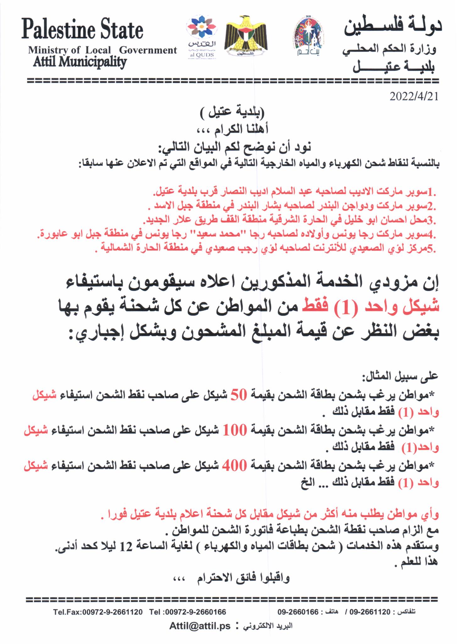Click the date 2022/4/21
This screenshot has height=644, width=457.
click(x=414, y=97)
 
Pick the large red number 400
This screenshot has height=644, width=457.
click(x=234, y=466)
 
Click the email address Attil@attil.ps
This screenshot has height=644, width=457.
click(x=200, y=626)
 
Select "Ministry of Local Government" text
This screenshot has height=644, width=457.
click(x=102, y=50)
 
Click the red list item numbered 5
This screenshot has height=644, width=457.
click(x=266, y=249)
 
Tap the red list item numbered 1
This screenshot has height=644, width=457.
click(x=295, y=192)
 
